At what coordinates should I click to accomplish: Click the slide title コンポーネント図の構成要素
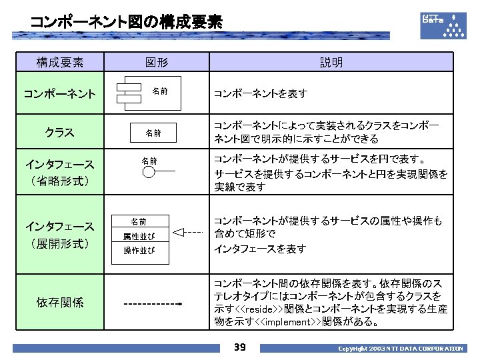pyautogui.click(x=126, y=22)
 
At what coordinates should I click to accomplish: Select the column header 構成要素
pyautogui.click(x=60, y=63)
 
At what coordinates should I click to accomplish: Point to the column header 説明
pyautogui.click(x=331, y=63)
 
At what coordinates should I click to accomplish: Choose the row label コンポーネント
pyautogui.click(x=59, y=93)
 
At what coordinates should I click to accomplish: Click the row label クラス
pyautogui.click(x=59, y=131)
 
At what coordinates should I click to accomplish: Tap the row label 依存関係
pyautogui.click(x=60, y=302)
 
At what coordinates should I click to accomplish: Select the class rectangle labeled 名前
pyautogui.click(x=154, y=133)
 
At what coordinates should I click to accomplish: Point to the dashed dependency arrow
pyautogui.click(x=154, y=303)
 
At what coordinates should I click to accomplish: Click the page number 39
pyautogui.click(x=240, y=347)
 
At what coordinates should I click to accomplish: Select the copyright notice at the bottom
pyautogui.click(x=400, y=349)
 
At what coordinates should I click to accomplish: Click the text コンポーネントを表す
pyautogui.click(x=260, y=94)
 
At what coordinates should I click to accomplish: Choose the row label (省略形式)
pyautogui.click(x=60, y=181)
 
